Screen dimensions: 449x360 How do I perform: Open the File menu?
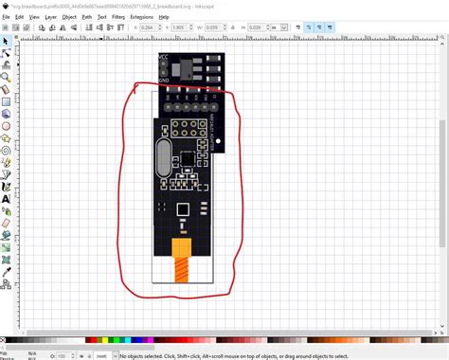6,17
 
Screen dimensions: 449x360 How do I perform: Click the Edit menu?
19,17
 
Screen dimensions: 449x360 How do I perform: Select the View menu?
34,17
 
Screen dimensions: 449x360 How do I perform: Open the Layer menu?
51,17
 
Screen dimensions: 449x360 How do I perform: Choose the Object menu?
69,17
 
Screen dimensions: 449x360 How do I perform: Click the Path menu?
87,17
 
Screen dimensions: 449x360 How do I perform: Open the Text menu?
102,17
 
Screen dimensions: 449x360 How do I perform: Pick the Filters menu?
118,17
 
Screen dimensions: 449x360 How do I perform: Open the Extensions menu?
141,17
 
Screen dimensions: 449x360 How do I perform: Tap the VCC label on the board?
164,59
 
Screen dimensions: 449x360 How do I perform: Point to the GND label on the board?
164,81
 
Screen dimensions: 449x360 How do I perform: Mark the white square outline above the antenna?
183,209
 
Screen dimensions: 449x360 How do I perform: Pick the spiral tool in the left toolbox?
6,150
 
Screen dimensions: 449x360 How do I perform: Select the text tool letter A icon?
6,199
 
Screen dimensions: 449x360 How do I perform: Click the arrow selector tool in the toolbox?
6,43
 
